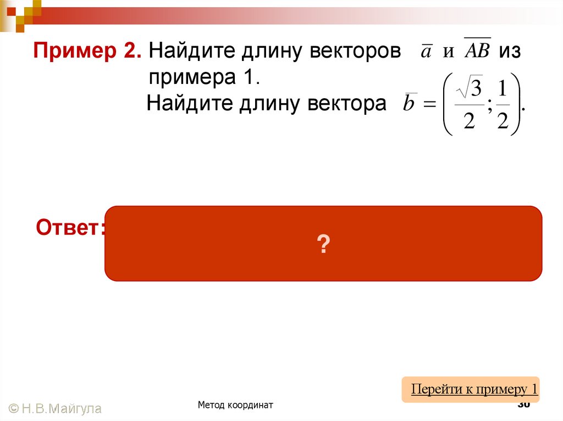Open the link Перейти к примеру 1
474,389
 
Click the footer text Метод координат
235,405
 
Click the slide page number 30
523,405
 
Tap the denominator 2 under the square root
469,120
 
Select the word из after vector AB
510,52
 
